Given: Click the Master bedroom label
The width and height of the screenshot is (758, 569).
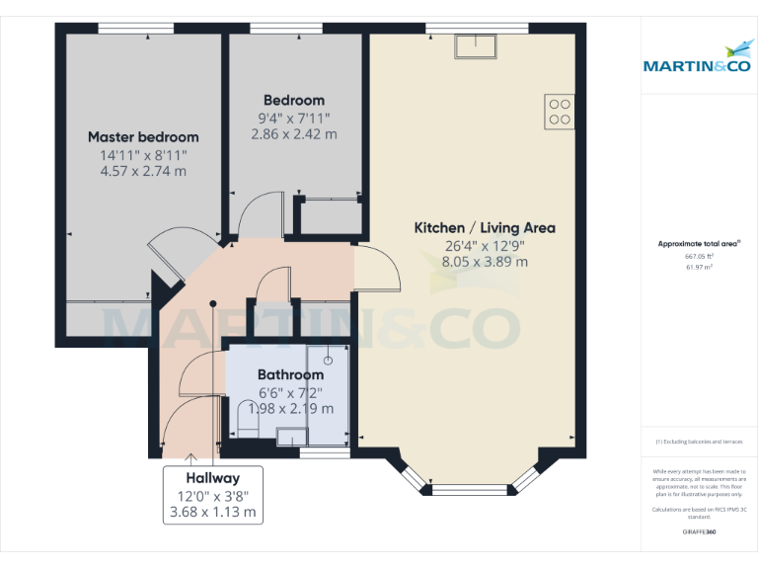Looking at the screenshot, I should click(143, 137).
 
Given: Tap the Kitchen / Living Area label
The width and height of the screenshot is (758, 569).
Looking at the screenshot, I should click(484, 228).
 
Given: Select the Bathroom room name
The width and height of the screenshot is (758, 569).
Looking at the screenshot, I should click(290, 375).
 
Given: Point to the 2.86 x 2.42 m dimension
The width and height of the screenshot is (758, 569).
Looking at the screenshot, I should click(293, 134).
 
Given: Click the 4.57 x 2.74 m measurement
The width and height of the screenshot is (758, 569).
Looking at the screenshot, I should click(143, 172).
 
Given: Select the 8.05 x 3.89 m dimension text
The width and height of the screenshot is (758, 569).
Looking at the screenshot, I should click(484, 262).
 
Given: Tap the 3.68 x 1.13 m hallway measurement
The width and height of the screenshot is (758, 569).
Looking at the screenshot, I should click(214, 512).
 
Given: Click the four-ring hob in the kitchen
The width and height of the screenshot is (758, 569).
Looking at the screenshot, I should click(560, 111).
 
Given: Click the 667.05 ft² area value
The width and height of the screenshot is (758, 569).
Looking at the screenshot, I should click(699, 256).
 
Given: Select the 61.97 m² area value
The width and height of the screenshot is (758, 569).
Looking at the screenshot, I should click(699, 267).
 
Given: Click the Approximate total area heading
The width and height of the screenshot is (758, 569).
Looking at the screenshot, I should click(698, 243).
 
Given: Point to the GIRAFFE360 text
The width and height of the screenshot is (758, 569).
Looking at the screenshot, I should click(699, 531).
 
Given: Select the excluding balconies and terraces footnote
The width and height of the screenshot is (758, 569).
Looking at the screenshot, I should click(699, 442).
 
